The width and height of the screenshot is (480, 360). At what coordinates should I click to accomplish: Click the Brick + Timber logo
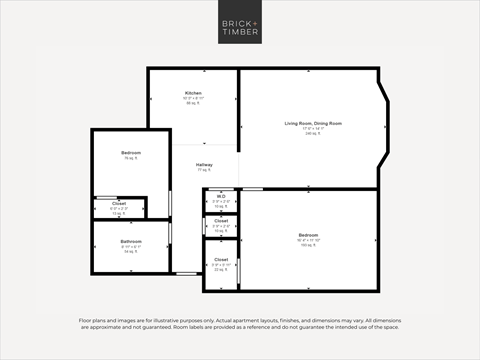pyautogui.click(x=239, y=25)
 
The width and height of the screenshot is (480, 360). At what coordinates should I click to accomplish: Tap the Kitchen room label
pyautogui.click(x=192, y=93)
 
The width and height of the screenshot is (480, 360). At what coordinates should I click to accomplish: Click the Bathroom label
pyautogui.click(x=131, y=241)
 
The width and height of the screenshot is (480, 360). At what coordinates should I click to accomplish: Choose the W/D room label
pyautogui.click(x=221, y=196)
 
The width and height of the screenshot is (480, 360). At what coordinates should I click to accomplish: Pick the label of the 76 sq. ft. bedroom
pyautogui.click(x=130, y=153)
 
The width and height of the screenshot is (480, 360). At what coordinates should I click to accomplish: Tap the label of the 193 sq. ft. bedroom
pyautogui.click(x=307, y=236)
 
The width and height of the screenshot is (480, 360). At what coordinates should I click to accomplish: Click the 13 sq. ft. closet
pyautogui.click(x=119, y=208)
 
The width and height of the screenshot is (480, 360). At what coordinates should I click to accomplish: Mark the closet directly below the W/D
pyautogui.click(x=221, y=225)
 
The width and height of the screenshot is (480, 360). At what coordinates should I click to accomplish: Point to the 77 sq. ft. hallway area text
pyautogui.click(x=204, y=170)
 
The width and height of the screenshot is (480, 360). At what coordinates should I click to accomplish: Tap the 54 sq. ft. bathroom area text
pyautogui.click(x=131, y=251)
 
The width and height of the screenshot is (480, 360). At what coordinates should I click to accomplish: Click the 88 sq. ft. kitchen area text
pyautogui.click(x=192, y=103)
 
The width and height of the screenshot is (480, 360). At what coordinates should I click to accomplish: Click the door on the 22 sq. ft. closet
pyautogui.click(x=240, y=270)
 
